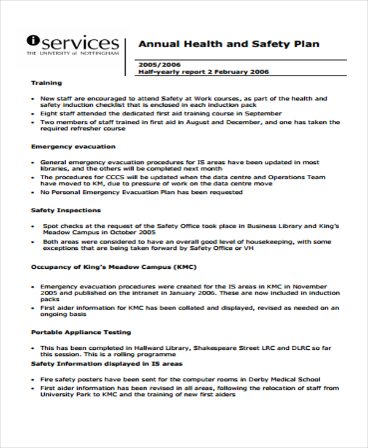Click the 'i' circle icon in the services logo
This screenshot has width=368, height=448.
tap(33, 41)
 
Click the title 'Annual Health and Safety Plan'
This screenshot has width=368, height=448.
tap(229, 44)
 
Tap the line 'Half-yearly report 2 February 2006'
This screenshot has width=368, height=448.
tap(204, 72)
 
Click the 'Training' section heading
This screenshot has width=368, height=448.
tap(46, 83)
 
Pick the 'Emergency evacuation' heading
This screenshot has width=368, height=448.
tap(73, 147)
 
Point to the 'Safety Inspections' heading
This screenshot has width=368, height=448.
tap(66, 210)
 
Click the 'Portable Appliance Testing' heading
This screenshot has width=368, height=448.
tap(81, 332)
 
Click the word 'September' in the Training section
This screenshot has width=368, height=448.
tap(264, 114)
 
